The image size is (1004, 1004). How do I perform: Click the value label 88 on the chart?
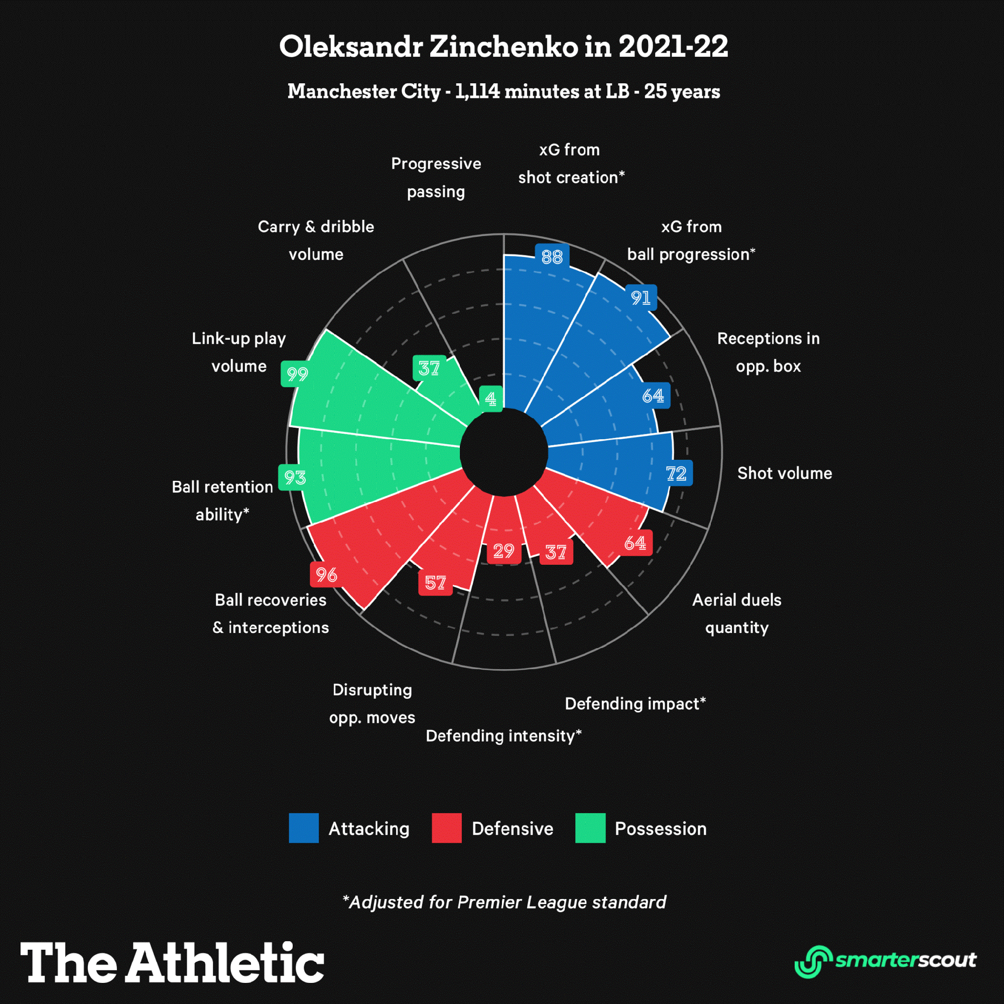click(552, 257)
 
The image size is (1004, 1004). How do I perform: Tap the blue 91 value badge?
click(641, 298)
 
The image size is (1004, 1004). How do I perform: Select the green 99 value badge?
click(297, 373)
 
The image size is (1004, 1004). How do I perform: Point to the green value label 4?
click(490, 399)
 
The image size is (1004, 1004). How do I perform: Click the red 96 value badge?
click(326, 575)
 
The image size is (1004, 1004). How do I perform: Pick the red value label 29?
click(504, 551)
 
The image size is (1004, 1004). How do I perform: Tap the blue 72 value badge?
click(676, 473)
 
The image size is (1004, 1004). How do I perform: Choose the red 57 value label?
click(435, 583)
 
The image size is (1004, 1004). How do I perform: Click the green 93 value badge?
click(295, 477)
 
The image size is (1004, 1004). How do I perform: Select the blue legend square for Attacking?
click(304, 828)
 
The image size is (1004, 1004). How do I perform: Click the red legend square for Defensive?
click(446, 828)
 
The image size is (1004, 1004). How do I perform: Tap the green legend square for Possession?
click(590, 828)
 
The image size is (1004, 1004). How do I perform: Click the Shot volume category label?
click(784, 473)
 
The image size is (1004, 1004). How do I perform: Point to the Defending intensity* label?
click(503, 736)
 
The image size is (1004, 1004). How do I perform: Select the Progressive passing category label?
click(436, 178)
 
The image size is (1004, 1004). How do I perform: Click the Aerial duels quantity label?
click(736, 614)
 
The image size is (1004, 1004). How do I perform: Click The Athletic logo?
click(172, 962)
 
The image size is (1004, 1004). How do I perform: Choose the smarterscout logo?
click(885, 961)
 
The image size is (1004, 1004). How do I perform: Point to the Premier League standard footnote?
click(504, 902)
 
